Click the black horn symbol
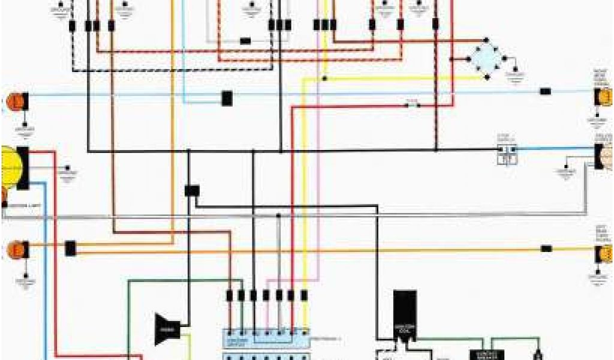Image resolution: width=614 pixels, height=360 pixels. click(x=166, y=329)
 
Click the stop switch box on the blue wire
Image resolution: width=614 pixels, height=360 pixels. click(x=507, y=155)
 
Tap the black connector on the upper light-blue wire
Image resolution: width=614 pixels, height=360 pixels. click(x=227, y=98)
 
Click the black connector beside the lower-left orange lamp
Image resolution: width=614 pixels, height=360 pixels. click(x=70, y=248)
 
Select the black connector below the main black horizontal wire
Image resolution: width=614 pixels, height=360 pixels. click(x=192, y=190)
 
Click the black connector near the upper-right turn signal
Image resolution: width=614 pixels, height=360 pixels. click(x=545, y=92)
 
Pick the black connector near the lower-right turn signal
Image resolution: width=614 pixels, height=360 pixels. click(x=546, y=248)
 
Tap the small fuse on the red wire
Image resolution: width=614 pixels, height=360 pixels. click(x=413, y=105)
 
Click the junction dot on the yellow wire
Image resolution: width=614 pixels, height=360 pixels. click(x=324, y=78)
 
